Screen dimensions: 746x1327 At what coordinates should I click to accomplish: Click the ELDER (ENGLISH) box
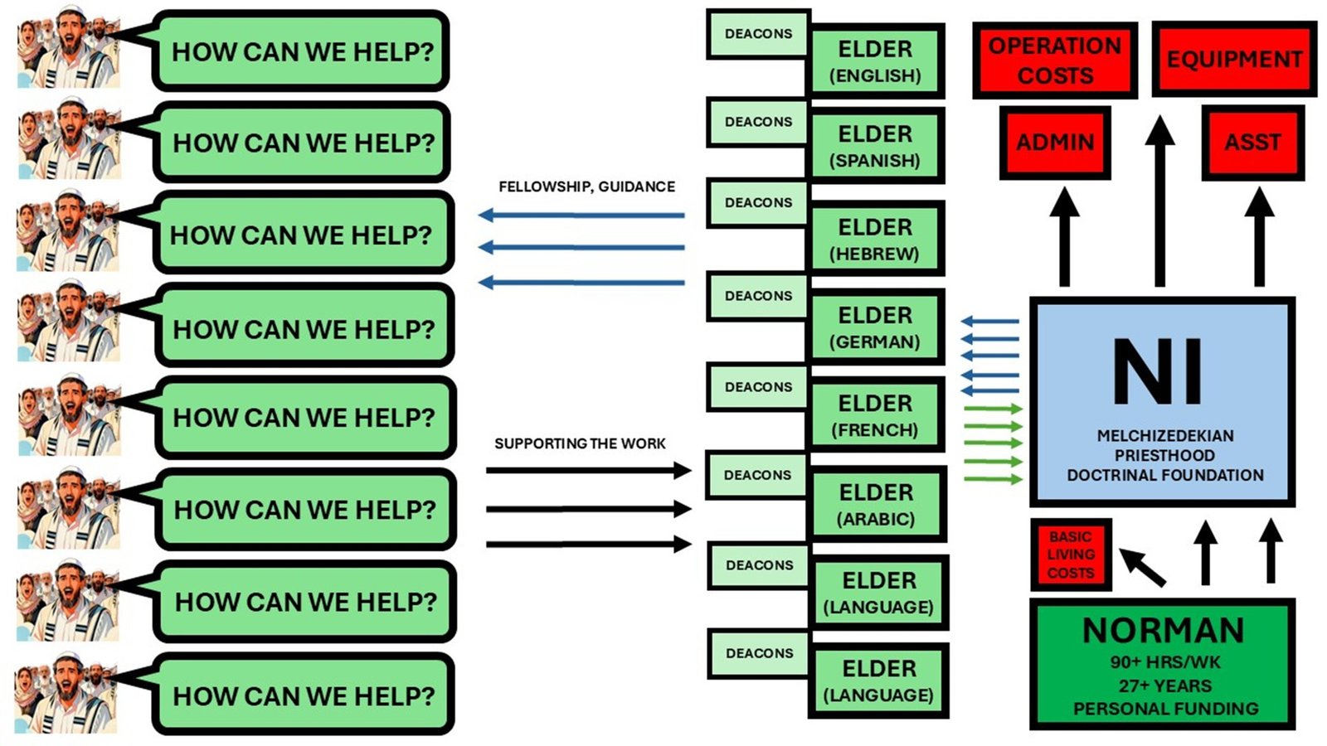pyautogui.click(x=875, y=61)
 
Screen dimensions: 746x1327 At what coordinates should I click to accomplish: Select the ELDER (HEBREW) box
pyautogui.click(x=875, y=240)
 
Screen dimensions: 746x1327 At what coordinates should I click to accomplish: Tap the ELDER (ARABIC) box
pyautogui.click(x=876, y=505)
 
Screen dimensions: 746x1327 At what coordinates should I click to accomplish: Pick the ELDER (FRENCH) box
pyautogui.click(x=875, y=415)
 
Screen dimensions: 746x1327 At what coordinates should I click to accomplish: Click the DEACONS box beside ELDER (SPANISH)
pyautogui.click(x=758, y=122)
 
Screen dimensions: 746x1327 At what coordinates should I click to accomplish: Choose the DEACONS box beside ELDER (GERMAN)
pyautogui.click(x=758, y=296)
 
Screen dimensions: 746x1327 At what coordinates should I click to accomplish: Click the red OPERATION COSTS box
pyautogui.click(x=1054, y=61)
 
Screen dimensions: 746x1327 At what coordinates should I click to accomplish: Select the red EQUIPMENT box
pyautogui.click(x=1233, y=60)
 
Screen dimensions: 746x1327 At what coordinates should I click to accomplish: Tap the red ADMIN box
pyautogui.click(x=1054, y=142)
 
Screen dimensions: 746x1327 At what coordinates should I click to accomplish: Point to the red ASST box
pyautogui.click(x=1252, y=142)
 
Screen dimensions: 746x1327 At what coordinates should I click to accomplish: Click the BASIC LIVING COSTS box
pyautogui.click(x=1070, y=555)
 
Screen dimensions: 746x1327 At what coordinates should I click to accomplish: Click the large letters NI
pyautogui.click(x=1158, y=372)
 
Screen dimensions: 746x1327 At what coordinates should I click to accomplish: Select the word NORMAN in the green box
pyautogui.click(x=1163, y=631)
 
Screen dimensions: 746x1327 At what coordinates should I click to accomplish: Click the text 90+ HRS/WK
pyautogui.click(x=1164, y=662)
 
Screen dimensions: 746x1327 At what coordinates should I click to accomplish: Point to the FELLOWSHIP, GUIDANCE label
pyautogui.click(x=586, y=186)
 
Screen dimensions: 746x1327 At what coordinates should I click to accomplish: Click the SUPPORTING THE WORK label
pyautogui.click(x=580, y=443)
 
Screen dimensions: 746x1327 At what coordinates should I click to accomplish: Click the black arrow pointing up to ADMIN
pyautogui.click(x=1063, y=237)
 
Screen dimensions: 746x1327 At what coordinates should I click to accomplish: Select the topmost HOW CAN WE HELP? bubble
pyautogui.click(x=302, y=51)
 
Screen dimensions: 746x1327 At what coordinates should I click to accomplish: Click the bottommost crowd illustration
pyautogui.click(x=66, y=693)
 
